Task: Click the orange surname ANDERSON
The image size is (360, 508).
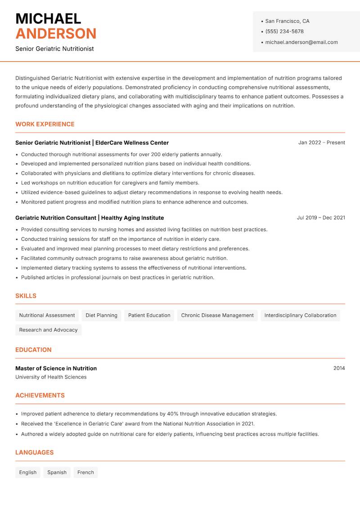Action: click(x=56, y=34)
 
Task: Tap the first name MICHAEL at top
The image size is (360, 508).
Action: click(x=48, y=18)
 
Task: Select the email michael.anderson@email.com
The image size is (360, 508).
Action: click(x=301, y=42)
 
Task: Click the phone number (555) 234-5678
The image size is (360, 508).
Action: click(x=284, y=31)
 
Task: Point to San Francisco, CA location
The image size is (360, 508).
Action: click(x=287, y=21)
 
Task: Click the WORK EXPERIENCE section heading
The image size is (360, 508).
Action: click(x=45, y=124)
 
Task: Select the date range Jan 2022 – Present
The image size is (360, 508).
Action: click(x=321, y=143)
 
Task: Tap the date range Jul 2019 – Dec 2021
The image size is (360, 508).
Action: click(x=321, y=218)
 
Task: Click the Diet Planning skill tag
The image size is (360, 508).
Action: click(x=101, y=316)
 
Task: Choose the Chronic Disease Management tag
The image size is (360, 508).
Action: click(x=217, y=316)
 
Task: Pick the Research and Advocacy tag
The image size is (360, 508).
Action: click(x=48, y=330)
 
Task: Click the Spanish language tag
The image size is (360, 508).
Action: click(x=57, y=472)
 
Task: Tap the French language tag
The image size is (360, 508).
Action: click(x=85, y=472)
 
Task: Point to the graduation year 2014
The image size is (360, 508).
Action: click(x=339, y=368)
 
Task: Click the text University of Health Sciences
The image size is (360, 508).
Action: click(x=51, y=377)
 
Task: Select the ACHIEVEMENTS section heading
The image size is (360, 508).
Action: click(x=40, y=396)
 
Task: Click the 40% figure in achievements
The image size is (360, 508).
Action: click(x=173, y=414)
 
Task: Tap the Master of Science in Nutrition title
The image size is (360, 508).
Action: click(x=56, y=368)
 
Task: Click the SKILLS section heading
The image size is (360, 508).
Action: click(x=26, y=296)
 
